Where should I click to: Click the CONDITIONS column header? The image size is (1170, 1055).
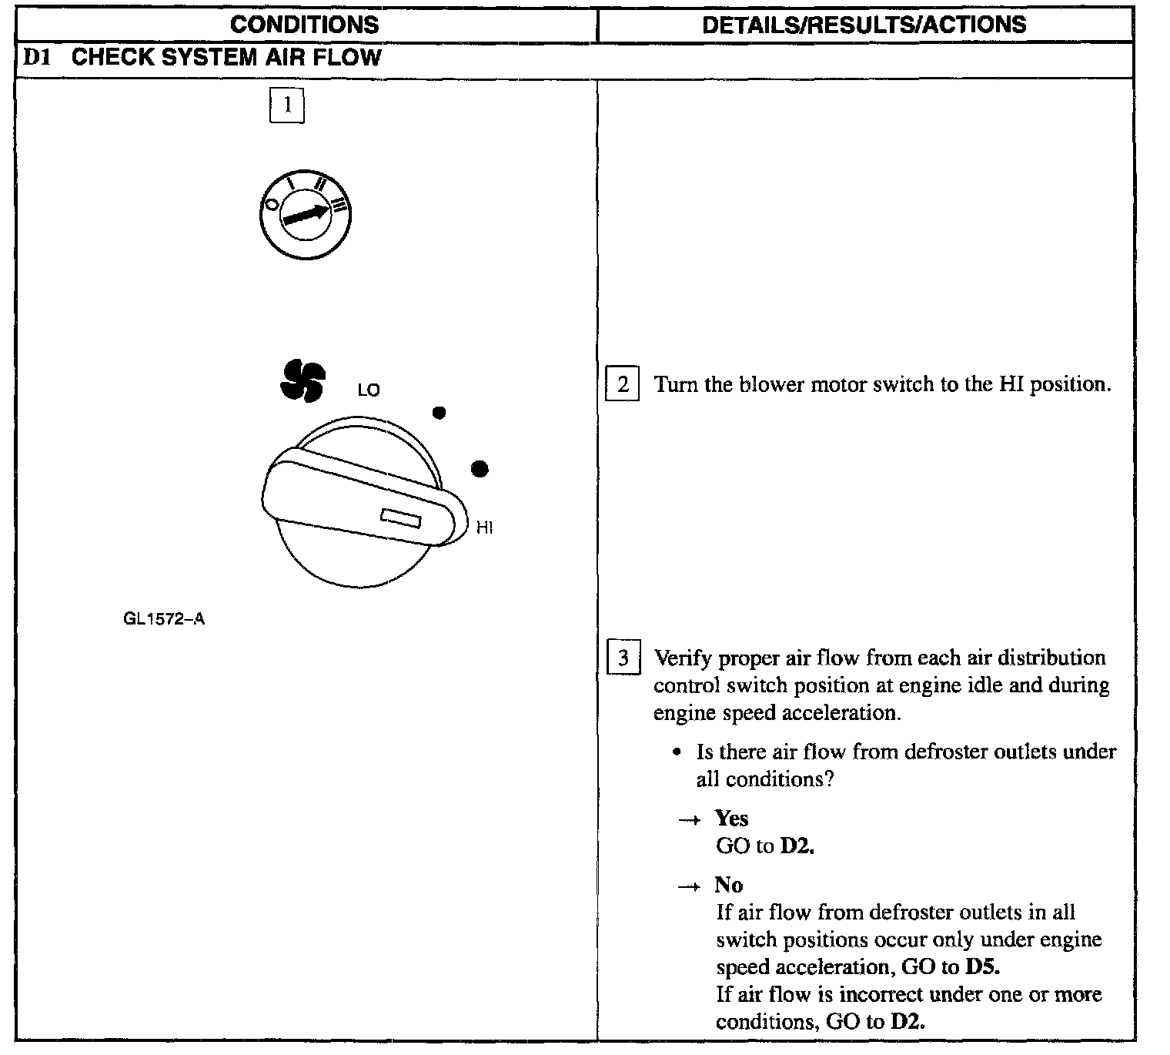(x=305, y=25)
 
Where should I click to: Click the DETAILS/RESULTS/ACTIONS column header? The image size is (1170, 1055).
(x=864, y=25)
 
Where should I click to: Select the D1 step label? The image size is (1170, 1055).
(x=38, y=58)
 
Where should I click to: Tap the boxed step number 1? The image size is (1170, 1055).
(x=287, y=105)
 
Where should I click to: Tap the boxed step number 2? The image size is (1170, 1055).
(x=623, y=384)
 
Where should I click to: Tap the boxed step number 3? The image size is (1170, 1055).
(x=623, y=658)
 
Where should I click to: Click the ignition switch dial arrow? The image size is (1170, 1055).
(x=306, y=213)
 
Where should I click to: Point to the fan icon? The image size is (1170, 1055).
(x=303, y=380)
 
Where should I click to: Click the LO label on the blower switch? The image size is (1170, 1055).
(x=369, y=390)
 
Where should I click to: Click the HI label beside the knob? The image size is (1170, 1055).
(x=485, y=527)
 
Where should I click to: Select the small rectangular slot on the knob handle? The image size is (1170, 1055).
(x=400, y=518)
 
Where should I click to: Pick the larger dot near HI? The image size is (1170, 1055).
(x=480, y=469)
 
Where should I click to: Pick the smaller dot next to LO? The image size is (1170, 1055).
(x=439, y=413)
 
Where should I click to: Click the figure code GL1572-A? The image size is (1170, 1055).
(x=164, y=619)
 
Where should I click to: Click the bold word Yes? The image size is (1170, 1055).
(x=731, y=818)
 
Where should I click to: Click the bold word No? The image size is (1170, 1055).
(x=728, y=884)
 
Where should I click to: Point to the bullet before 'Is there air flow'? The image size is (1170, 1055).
(x=677, y=752)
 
